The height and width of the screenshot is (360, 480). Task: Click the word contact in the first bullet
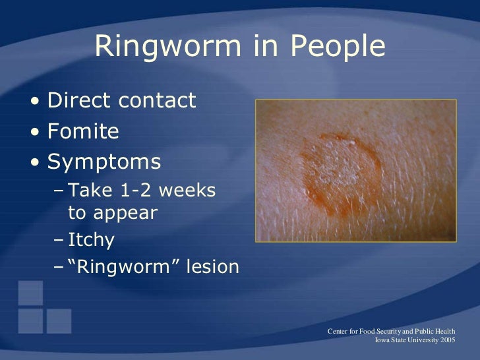pos(158,101)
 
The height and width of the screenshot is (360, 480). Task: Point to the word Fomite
pos(83,132)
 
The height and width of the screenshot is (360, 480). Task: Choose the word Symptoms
pos(104,163)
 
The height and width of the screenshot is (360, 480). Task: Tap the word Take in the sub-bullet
pos(86,191)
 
